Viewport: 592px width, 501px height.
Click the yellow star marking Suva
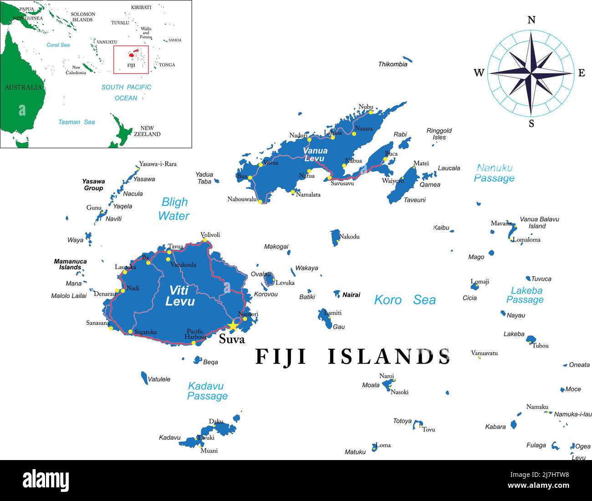(233, 325)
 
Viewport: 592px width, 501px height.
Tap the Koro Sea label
(404, 300)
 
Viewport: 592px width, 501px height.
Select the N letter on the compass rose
(531, 20)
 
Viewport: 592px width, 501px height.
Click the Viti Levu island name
(180, 296)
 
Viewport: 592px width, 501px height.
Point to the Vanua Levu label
(315, 155)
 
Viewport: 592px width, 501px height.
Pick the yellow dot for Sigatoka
(131, 332)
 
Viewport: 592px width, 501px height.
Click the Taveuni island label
(414, 200)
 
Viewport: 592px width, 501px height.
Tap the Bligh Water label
(174, 209)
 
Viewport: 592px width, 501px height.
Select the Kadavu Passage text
(207, 391)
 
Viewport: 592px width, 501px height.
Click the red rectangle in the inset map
(131, 59)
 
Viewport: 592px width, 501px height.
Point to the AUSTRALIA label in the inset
(23, 87)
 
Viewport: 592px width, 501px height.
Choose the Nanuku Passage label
(494, 173)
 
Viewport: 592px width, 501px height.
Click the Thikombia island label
(393, 64)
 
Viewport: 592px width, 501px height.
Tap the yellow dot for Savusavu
(330, 178)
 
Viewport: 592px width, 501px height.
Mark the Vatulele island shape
(144, 378)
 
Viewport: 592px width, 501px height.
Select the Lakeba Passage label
(526, 295)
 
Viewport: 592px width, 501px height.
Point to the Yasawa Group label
(93, 185)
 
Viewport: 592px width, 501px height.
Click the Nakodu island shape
(335, 238)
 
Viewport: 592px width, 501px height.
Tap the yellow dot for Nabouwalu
(260, 202)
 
